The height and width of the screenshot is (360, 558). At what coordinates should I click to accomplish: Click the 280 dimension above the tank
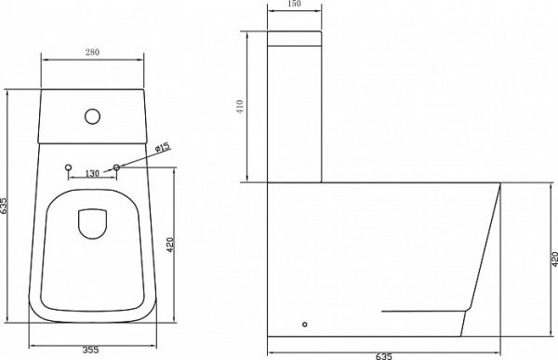(x=92, y=52)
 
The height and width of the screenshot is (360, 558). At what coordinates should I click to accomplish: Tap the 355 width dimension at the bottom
(x=91, y=350)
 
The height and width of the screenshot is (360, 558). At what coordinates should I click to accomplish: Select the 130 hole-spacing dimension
(x=92, y=173)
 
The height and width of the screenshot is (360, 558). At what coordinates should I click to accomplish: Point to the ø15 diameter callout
(x=164, y=147)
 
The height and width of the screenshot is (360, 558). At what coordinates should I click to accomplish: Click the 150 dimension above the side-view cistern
(x=294, y=4)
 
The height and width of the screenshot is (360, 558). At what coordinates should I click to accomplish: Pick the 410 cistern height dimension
(x=240, y=106)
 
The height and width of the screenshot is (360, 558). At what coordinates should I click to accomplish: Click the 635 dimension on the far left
(x=4, y=206)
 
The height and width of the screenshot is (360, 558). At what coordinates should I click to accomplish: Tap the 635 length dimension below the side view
(x=383, y=356)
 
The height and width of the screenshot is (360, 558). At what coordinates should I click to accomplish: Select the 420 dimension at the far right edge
(x=554, y=260)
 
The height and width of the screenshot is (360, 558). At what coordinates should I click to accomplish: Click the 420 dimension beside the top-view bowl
(x=170, y=245)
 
